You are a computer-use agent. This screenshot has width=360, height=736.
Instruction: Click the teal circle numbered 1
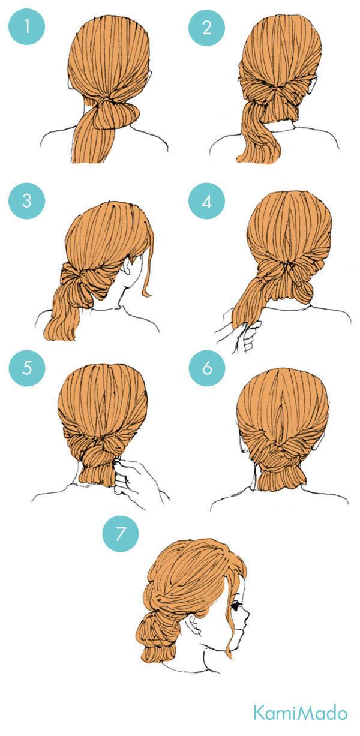(26, 26)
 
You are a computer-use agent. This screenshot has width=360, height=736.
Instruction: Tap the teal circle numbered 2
(206, 28)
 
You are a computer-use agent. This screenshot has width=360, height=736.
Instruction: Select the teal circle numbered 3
(26, 201)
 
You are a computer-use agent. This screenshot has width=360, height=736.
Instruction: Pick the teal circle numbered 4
(206, 201)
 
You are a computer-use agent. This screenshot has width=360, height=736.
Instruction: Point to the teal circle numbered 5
(27, 368)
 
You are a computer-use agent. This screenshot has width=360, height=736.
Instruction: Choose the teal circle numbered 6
(207, 368)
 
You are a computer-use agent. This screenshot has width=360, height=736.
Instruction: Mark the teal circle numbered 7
(121, 534)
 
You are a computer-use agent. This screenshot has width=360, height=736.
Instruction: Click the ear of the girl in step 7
(194, 625)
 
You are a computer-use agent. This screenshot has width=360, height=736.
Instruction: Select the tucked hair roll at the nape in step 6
(281, 478)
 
